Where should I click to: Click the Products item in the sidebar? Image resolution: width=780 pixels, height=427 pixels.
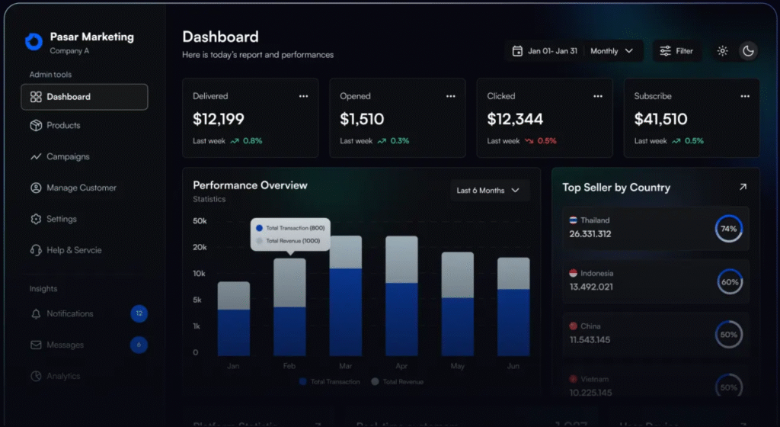coord(62,126)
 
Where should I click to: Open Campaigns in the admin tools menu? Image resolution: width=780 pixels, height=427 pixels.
coord(67,157)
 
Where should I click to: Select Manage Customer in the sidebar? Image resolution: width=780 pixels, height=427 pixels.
coord(81,188)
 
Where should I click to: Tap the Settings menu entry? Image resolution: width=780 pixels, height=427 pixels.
coord(61,220)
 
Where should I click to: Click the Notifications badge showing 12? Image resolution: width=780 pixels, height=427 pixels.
coord(139,313)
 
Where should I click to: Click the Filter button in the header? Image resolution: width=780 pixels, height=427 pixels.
coord(677,51)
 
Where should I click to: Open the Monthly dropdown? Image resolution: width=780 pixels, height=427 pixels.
coord(612,51)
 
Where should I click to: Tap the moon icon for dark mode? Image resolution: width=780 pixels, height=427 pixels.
coord(748,51)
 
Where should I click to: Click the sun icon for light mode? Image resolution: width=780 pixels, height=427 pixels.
coord(722,51)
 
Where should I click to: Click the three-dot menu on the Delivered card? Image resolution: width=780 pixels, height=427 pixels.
coord(303,96)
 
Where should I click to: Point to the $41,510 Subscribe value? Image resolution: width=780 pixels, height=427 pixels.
coord(660,119)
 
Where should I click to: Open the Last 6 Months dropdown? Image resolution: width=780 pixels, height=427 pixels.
coord(488,191)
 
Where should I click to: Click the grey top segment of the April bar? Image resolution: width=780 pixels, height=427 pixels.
coord(401,259)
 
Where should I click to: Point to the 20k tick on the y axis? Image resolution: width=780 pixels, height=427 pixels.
coord(200,247)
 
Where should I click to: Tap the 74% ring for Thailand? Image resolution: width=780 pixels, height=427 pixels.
coord(729,229)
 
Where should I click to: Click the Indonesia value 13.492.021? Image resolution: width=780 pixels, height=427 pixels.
coord(590,287)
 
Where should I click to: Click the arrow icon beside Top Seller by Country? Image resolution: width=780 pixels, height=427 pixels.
coord(743,187)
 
